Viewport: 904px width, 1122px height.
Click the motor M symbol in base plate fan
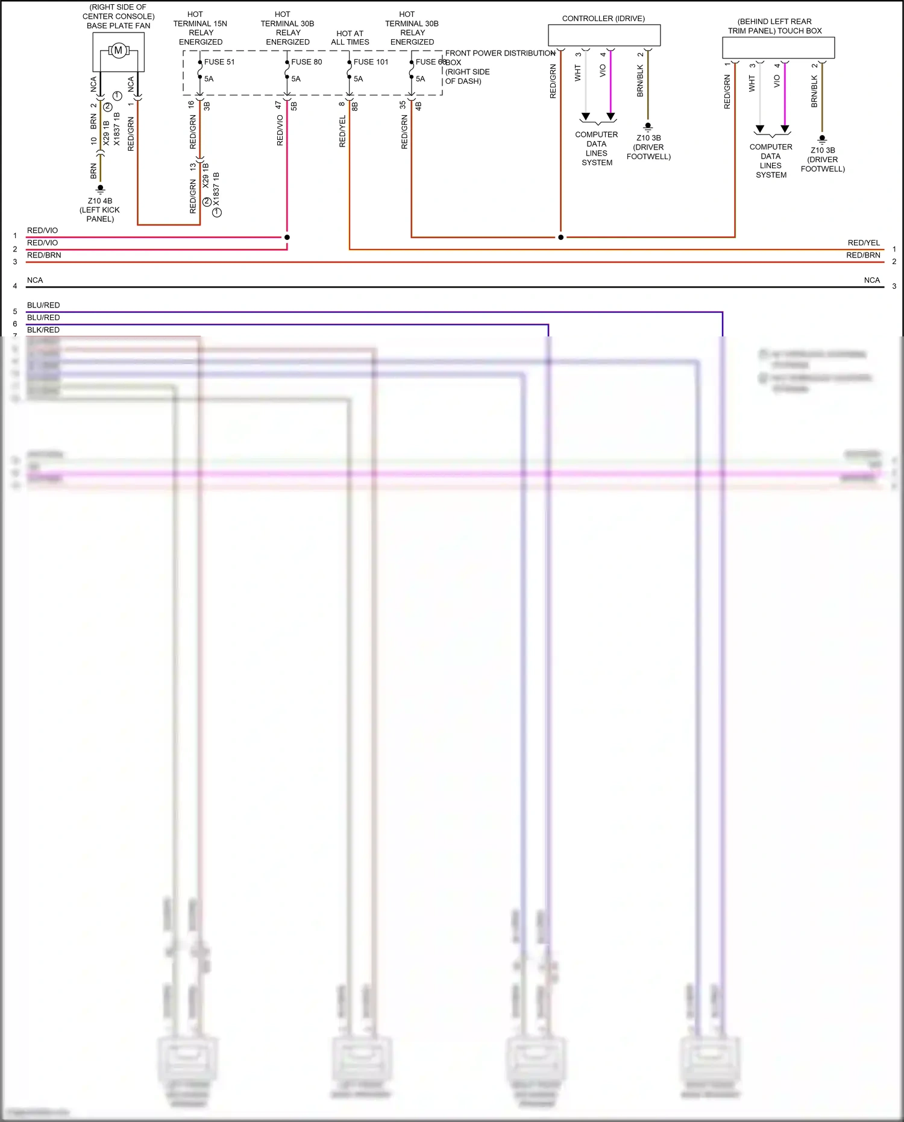click(x=118, y=51)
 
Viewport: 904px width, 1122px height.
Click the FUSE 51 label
click(x=219, y=61)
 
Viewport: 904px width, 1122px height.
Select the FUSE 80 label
click(x=306, y=61)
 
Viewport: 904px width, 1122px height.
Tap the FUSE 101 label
click(x=371, y=61)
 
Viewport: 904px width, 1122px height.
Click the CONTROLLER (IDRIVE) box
click(x=604, y=35)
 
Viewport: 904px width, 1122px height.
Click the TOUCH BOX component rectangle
click(x=778, y=48)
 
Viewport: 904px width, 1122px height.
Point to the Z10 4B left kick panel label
click(x=100, y=209)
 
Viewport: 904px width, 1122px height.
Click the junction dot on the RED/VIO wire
click(x=287, y=237)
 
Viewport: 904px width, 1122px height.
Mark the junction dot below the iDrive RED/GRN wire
click(x=560, y=237)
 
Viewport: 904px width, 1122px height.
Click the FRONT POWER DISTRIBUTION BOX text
click(x=500, y=54)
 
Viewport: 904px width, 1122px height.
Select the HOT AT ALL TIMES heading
click(x=350, y=37)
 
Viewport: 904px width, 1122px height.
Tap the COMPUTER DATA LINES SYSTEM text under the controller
click(x=596, y=148)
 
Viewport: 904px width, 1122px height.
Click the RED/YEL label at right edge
click(x=863, y=242)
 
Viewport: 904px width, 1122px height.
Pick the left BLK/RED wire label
click(x=43, y=330)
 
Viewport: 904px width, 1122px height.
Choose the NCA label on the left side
click(x=35, y=280)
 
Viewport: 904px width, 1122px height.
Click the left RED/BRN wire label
click(x=44, y=255)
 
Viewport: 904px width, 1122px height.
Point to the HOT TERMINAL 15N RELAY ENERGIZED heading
click(x=200, y=28)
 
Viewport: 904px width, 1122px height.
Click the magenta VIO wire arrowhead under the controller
click(x=611, y=116)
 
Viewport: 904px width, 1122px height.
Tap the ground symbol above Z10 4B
click(x=101, y=189)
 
